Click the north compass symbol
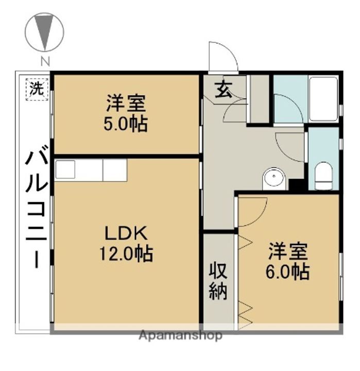coord(45,32)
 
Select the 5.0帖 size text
coord(127,124)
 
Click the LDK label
coord(127,234)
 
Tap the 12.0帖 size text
coord(127,254)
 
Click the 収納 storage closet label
coord(218,282)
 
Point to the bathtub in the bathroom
coord(323,98)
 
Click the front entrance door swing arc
coord(223,56)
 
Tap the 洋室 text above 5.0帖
coord(127,104)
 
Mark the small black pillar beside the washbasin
coord(296,184)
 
